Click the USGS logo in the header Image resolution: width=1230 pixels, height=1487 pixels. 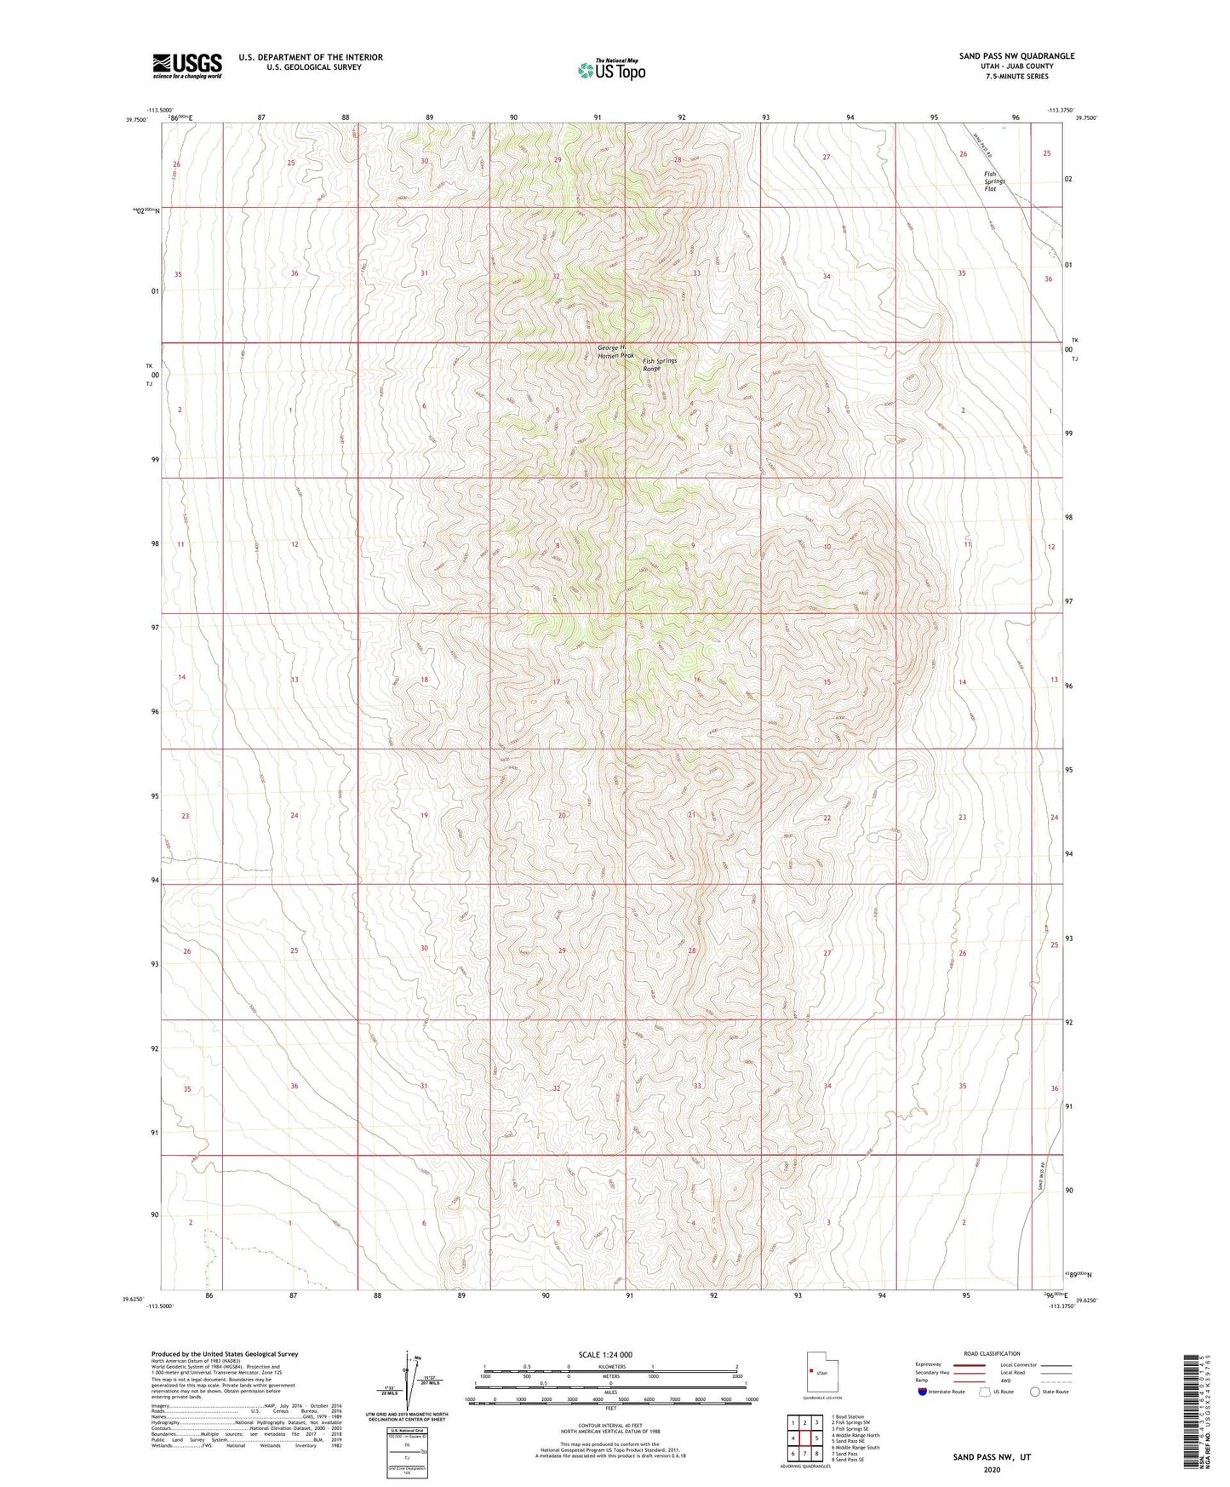click(x=187, y=66)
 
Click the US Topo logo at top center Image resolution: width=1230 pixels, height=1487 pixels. click(x=611, y=70)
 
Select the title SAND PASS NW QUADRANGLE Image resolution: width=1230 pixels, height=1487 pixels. click(x=1016, y=56)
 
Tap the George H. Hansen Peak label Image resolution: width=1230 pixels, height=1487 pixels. click(x=615, y=351)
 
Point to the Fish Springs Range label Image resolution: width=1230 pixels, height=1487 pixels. click(x=660, y=365)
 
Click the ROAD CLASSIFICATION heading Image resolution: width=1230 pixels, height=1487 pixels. click(x=992, y=1353)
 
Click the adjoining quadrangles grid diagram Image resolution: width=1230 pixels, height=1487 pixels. click(x=804, y=1438)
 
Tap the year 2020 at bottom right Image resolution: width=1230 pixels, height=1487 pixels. click(x=991, y=1469)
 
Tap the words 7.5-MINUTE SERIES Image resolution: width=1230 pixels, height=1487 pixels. click(x=1016, y=77)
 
